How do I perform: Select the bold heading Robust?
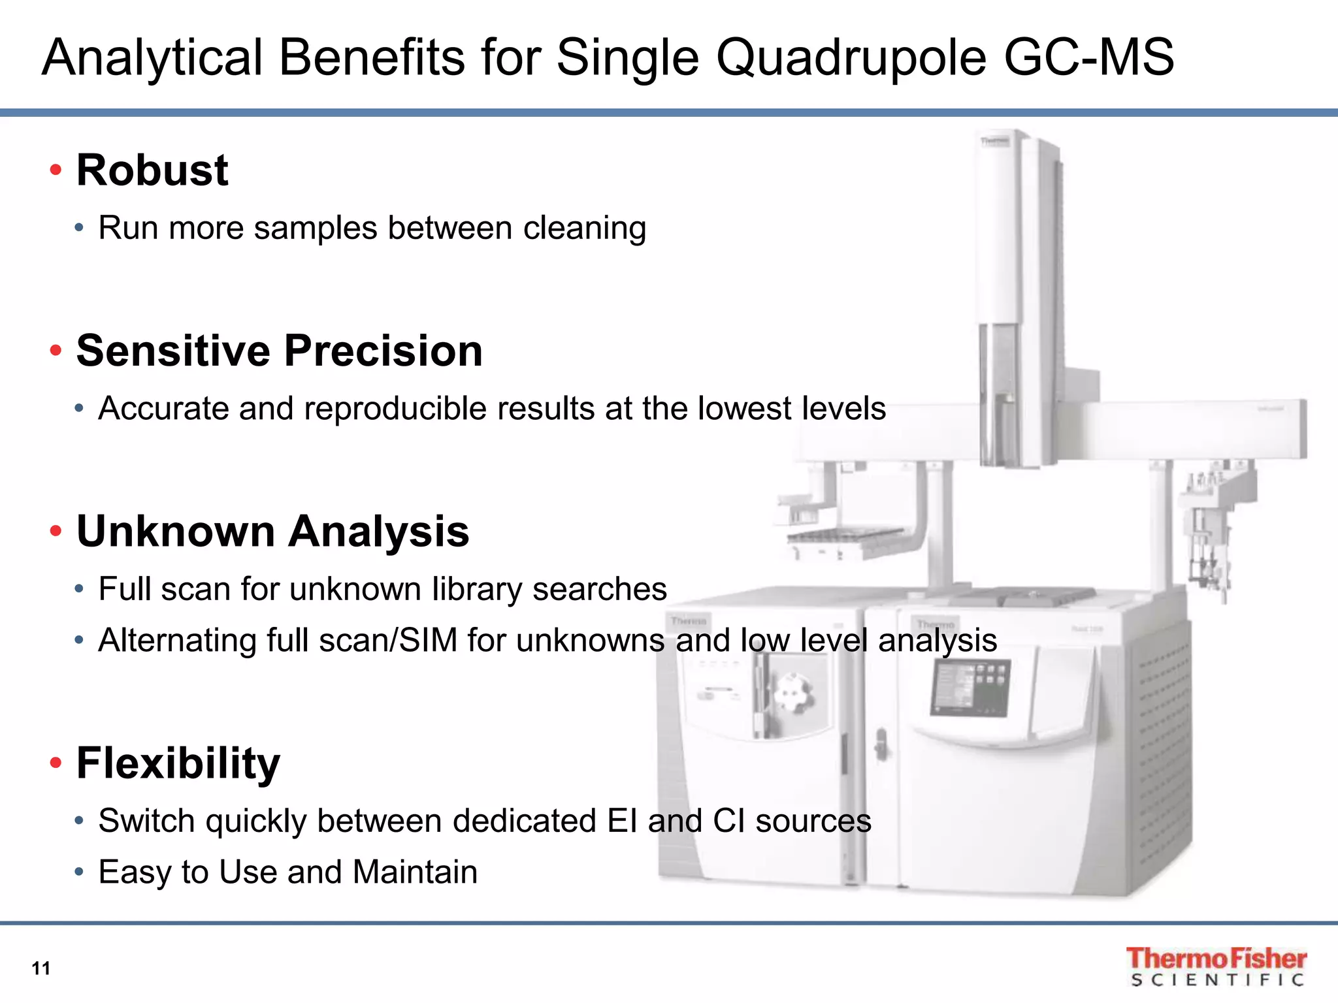[x=152, y=170]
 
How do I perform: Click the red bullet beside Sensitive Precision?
[x=56, y=351]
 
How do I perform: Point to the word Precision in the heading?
[x=383, y=351]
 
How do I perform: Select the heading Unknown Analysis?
[x=272, y=531]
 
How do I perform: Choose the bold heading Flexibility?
[x=178, y=763]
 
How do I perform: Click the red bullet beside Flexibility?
[x=56, y=762]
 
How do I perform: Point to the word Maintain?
[x=415, y=872]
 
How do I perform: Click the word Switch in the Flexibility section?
[x=146, y=821]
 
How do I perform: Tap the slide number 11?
[x=41, y=968]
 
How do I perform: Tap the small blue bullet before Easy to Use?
[x=79, y=872]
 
